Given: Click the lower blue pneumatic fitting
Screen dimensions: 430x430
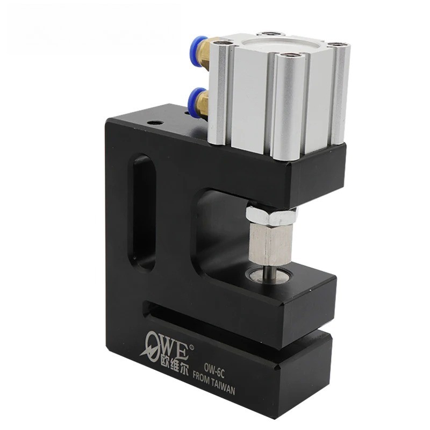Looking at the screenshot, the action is pyautogui.click(x=194, y=99).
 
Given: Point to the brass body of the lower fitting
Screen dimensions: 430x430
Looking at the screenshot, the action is pyautogui.click(x=204, y=103).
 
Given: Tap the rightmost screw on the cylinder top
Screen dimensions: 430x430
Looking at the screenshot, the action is pyautogui.click(x=338, y=44).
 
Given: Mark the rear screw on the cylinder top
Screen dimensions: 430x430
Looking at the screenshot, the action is pyautogui.click(x=266, y=34).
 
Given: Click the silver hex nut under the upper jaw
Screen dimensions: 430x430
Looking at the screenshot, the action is pyautogui.click(x=270, y=216).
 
